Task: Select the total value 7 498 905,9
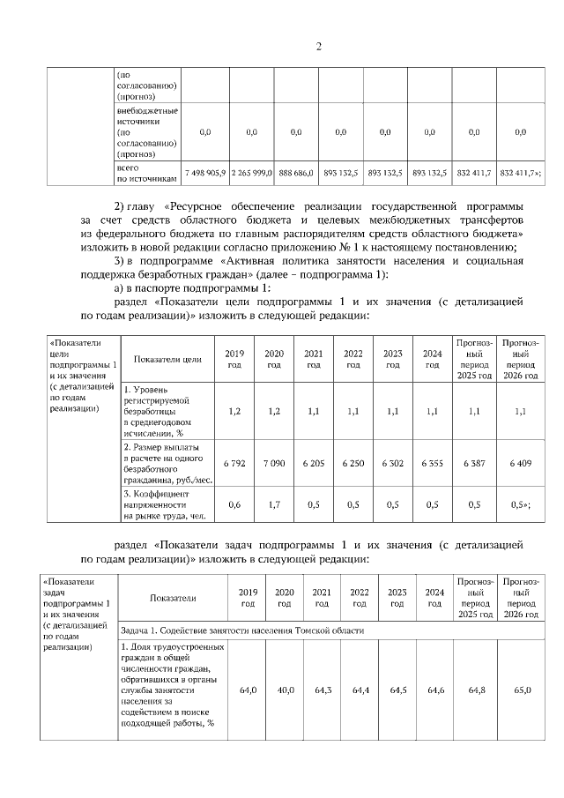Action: (x=204, y=173)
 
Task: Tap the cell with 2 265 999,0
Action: (x=251, y=173)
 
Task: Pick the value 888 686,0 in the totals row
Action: (x=296, y=173)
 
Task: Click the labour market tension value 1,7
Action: (x=273, y=504)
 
